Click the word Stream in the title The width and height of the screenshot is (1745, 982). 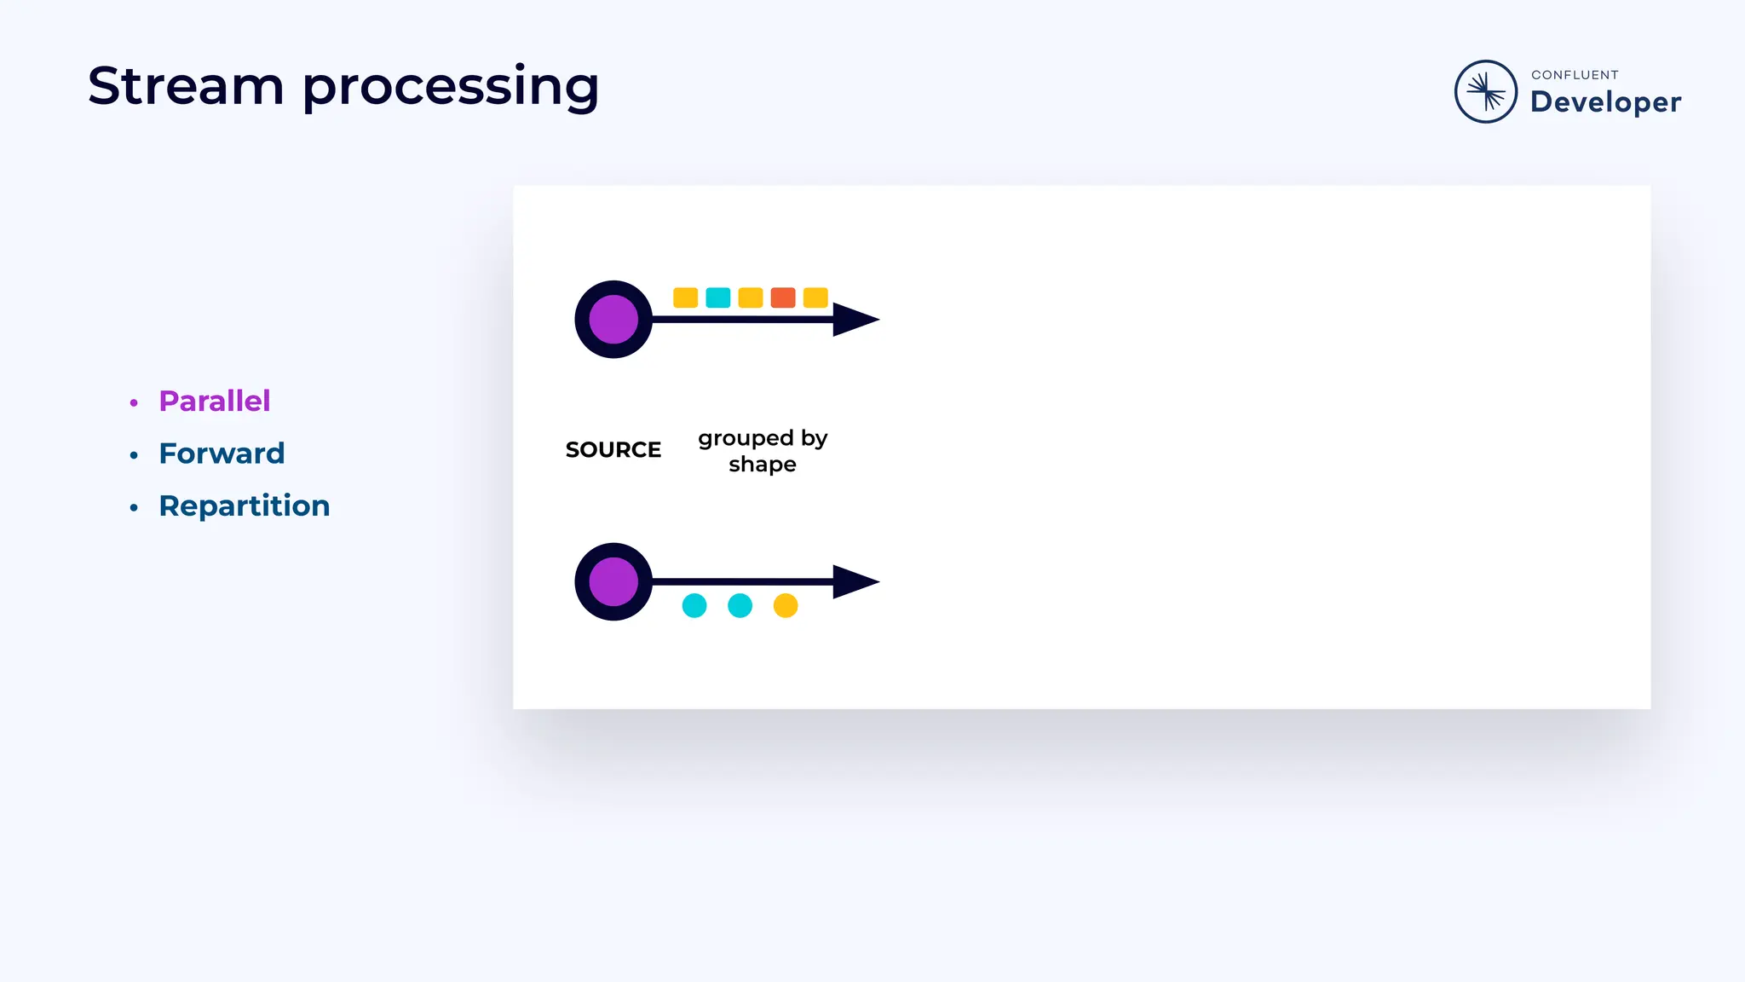tap(186, 86)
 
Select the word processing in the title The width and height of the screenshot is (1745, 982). tap(451, 88)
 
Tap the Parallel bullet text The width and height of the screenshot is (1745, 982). tap(215, 401)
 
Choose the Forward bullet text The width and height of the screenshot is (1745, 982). tap(222, 453)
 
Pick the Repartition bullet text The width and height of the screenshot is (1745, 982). tap(245, 505)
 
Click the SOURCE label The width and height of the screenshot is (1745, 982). tap(613, 449)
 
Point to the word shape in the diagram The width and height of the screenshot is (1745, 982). tap(763, 465)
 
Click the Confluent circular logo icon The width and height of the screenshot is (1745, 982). tap(1485, 91)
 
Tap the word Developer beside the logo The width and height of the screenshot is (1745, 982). tap(1605, 102)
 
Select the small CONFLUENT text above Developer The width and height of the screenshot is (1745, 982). tap(1575, 75)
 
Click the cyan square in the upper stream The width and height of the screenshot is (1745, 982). tap(718, 297)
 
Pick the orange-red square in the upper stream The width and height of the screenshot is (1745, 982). tap(783, 297)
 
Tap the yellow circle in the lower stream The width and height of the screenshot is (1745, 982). tap(786, 605)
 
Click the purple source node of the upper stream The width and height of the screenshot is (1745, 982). tap(613, 320)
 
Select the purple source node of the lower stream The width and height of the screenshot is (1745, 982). tap(613, 581)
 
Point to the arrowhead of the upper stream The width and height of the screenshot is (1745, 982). tap(855, 320)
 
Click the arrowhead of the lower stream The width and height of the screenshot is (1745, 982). tap(855, 581)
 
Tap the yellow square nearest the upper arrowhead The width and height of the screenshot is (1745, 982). tap(815, 297)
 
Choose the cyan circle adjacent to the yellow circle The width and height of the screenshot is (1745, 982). tap(740, 605)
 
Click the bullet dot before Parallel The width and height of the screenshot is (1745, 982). tap(134, 402)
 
